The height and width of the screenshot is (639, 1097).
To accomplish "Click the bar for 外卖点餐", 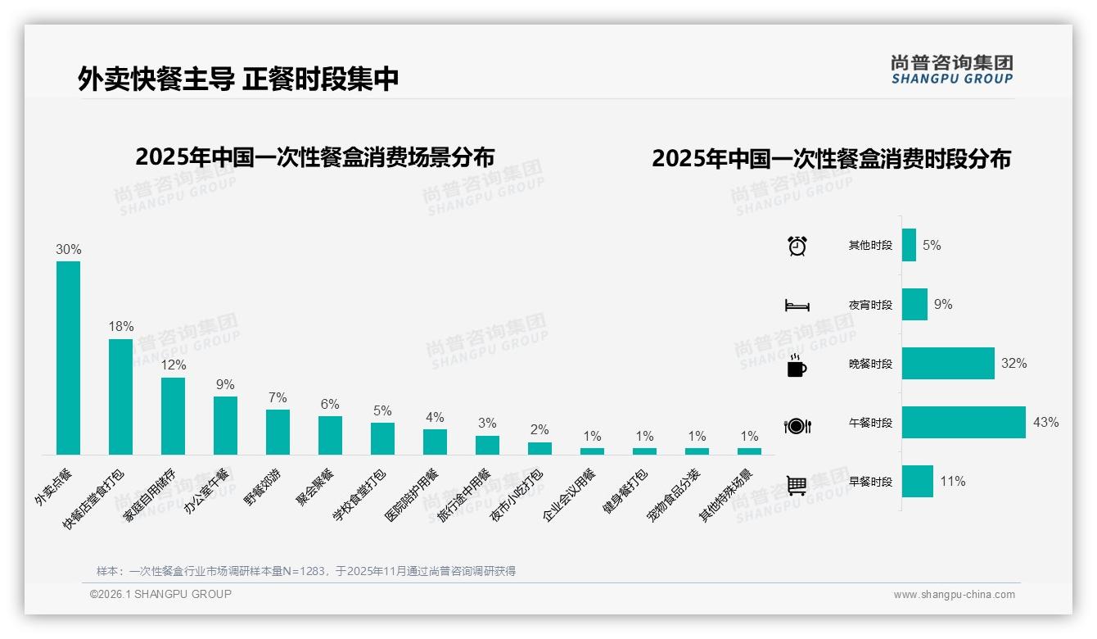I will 68,358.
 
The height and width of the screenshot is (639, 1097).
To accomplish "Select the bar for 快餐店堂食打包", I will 120,397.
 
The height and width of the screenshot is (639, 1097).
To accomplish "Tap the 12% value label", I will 173,365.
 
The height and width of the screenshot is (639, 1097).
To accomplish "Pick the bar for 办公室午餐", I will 225,425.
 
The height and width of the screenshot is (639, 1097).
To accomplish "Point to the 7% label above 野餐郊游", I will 278,397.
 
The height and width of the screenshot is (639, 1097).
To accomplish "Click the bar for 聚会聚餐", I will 330,435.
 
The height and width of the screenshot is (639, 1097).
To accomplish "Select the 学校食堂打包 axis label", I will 359,494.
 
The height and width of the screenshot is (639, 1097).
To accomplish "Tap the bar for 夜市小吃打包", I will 539,448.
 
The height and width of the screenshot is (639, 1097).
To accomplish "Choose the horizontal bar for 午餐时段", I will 964,423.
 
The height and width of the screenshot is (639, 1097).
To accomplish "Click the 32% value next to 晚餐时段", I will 1013,363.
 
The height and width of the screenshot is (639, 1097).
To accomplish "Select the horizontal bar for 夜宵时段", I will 914,304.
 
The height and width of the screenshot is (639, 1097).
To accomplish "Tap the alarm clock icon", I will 797,245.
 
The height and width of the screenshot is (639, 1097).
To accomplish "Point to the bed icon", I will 797,305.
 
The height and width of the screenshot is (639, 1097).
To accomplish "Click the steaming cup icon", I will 797,365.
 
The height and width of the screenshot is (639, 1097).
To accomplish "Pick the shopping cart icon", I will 797,485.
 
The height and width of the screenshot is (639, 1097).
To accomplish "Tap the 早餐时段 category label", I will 870,482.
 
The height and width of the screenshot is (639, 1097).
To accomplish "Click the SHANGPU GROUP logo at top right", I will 952,70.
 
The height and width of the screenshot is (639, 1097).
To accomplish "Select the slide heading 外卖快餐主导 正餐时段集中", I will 238,79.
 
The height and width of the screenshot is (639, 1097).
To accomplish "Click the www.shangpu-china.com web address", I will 954,595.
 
